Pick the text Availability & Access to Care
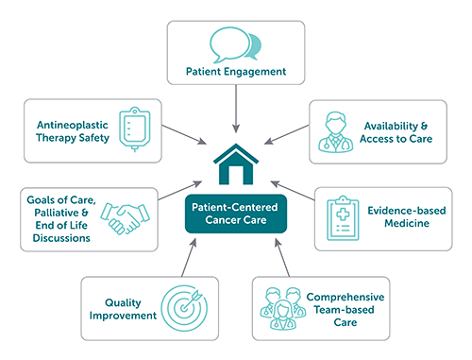point(394,131)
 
